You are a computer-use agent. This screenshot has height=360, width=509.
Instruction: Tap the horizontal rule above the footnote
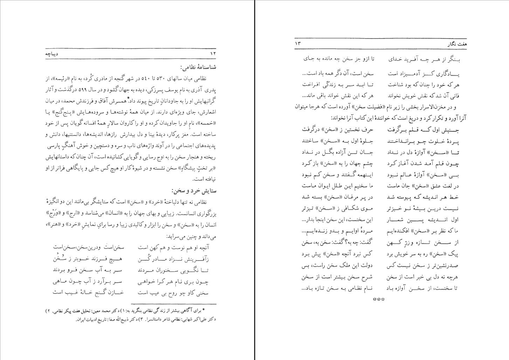pyautogui.click(x=173, y=305)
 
